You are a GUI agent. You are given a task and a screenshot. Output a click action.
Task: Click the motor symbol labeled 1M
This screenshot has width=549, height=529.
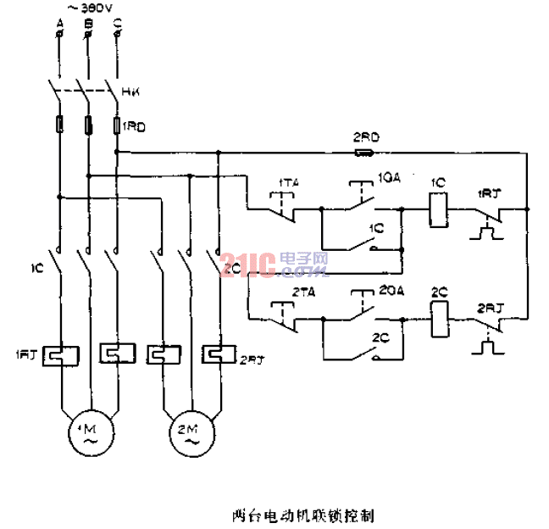pyautogui.click(x=88, y=431)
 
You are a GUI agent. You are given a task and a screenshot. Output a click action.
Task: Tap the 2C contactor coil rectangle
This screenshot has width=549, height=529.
pyautogui.click(x=438, y=320)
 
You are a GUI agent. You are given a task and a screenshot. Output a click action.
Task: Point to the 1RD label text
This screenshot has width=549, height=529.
pyautogui.click(x=136, y=126)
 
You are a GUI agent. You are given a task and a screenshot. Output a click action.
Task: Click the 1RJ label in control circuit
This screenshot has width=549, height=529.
pyautogui.click(x=489, y=192)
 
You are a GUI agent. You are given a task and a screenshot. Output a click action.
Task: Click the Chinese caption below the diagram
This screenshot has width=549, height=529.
pyautogui.click(x=302, y=513)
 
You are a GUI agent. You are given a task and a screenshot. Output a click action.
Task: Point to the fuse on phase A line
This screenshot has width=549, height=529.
pyautogui.click(x=59, y=126)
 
